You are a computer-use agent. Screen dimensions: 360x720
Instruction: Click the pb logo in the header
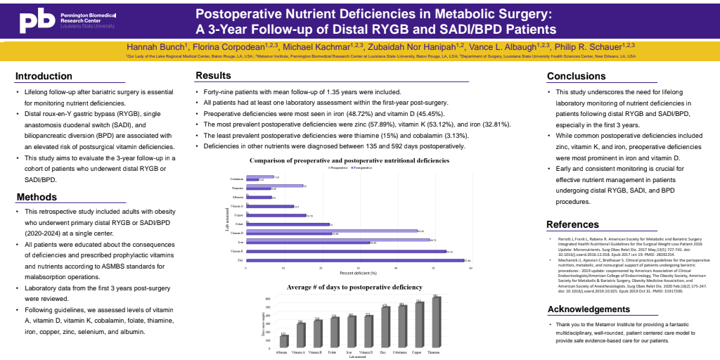pyautogui.click(x=36, y=20)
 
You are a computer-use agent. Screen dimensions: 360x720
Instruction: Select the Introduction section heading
pyautogui.click(x=44, y=76)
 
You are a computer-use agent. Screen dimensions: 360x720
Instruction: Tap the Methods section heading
pyautogui.click(x=37, y=197)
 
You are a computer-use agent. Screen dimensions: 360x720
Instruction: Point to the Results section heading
pyautogui.click(x=213, y=75)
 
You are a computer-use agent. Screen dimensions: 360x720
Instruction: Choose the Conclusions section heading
pyautogui.click(x=576, y=76)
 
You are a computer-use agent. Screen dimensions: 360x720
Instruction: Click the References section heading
pyautogui.click(x=573, y=224)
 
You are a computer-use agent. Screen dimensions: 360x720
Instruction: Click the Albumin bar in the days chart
pyautogui.click(x=283, y=341)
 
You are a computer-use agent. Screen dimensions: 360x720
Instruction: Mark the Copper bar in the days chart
pyautogui.click(x=418, y=324)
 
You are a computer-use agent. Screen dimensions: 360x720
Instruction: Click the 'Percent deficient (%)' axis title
pyautogui.click(x=359, y=272)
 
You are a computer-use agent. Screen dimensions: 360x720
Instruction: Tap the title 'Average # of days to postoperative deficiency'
pyautogui.click(x=354, y=287)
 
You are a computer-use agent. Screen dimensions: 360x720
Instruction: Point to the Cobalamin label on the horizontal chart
pyautogui.click(x=237, y=179)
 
